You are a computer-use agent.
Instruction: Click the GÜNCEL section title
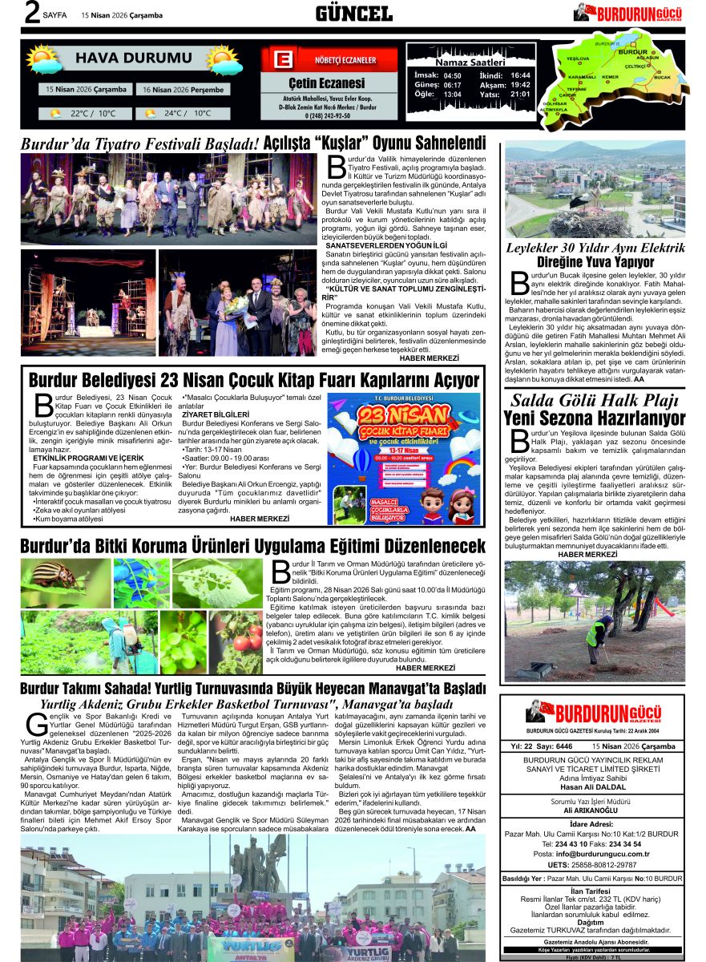click(353, 13)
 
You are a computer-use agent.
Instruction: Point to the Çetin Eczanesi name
click(326, 83)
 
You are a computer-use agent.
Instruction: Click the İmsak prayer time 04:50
click(452, 75)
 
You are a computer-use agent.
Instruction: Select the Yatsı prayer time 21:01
click(520, 95)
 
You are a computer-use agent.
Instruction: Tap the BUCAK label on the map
click(663, 77)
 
